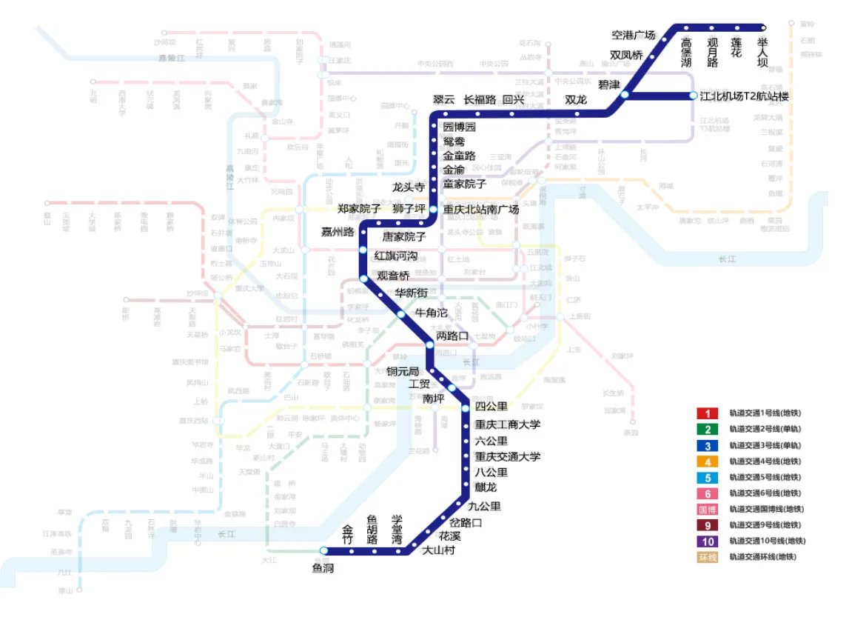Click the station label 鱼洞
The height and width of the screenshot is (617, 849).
pyautogui.click(x=324, y=568)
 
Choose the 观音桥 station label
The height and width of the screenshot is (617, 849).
pyautogui.click(x=393, y=276)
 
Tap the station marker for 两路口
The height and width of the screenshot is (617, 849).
pyautogui.click(x=431, y=344)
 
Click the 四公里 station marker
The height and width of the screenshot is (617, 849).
pyautogui.click(x=466, y=408)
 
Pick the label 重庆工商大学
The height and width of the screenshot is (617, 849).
pyautogui.click(x=508, y=424)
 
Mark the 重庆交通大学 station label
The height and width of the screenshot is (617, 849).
pyautogui.click(x=508, y=456)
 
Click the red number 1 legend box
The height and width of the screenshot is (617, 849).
pyautogui.click(x=707, y=413)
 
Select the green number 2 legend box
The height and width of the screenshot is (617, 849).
pyautogui.click(x=707, y=430)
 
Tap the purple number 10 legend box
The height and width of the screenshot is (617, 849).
pyautogui.click(x=707, y=541)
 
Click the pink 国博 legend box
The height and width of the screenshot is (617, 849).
pyautogui.click(x=707, y=509)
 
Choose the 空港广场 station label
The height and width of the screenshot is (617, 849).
pyautogui.click(x=634, y=35)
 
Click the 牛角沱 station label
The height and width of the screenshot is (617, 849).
pyautogui.click(x=432, y=313)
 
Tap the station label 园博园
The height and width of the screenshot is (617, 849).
pyautogui.click(x=459, y=127)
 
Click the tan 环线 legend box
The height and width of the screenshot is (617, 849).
pyautogui.click(x=707, y=557)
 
